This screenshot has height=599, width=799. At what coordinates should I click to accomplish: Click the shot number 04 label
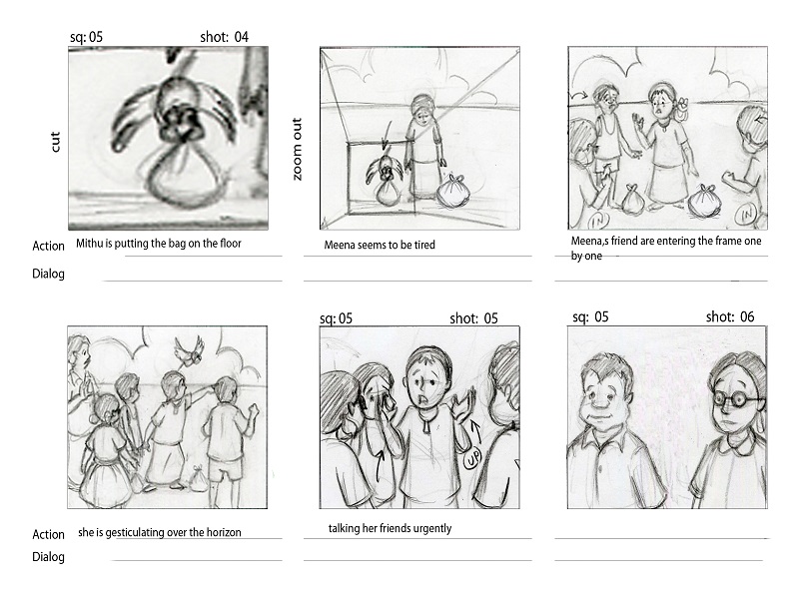pyautogui.click(x=224, y=37)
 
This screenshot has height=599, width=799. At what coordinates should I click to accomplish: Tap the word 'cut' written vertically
pyautogui.click(x=55, y=142)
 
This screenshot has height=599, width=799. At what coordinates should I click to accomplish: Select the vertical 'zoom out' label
pyautogui.click(x=297, y=149)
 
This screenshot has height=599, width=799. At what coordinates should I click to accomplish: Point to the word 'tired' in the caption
pyautogui.click(x=424, y=245)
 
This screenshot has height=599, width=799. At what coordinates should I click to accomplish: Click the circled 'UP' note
pyautogui.click(x=471, y=459)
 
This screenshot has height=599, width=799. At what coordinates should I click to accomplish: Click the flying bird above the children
pyautogui.click(x=189, y=351)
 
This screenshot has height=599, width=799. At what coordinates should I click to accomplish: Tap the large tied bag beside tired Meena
pyautogui.click(x=452, y=192)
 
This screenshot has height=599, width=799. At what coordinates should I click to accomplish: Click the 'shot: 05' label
pyautogui.click(x=473, y=318)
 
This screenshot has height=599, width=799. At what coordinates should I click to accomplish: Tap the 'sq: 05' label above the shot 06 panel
pyautogui.click(x=590, y=316)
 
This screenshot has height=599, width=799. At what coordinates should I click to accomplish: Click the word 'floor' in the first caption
pyautogui.click(x=231, y=243)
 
